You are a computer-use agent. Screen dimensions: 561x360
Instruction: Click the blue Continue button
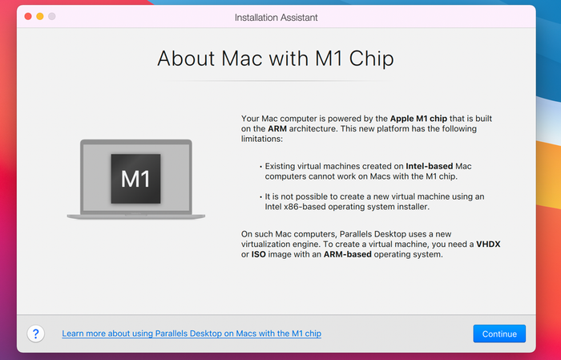click(499, 334)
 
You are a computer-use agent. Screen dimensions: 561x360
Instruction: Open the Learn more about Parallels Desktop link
click(192, 334)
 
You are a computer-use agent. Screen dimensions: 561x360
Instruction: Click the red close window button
click(28, 17)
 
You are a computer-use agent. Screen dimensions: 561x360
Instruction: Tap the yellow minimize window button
click(40, 17)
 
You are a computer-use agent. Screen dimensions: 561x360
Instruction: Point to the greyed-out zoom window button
click(52, 17)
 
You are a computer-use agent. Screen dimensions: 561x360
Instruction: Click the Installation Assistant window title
click(276, 18)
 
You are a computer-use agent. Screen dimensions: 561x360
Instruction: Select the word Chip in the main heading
click(371, 59)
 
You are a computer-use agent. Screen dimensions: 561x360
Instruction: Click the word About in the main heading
click(185, 59)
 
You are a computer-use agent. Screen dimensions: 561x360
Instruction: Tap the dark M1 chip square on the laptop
click(135, 179)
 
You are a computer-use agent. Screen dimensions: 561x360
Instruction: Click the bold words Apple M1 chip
click(418, 119)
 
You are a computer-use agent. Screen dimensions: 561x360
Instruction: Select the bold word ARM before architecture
click(277, 128)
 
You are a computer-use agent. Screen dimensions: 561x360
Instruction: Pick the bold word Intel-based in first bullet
click(430, 166)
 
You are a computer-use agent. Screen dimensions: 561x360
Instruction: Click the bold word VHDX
click(488, 244)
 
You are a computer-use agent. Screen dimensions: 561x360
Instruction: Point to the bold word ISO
click(258, 254)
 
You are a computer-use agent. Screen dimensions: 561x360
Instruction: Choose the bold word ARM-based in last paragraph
click(347, 254)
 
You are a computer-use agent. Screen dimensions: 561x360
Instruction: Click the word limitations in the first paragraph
click(262, 139)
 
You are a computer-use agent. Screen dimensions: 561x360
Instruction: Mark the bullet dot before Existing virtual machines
click(260, 167)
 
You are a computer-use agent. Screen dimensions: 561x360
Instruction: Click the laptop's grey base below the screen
click(136, 216)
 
